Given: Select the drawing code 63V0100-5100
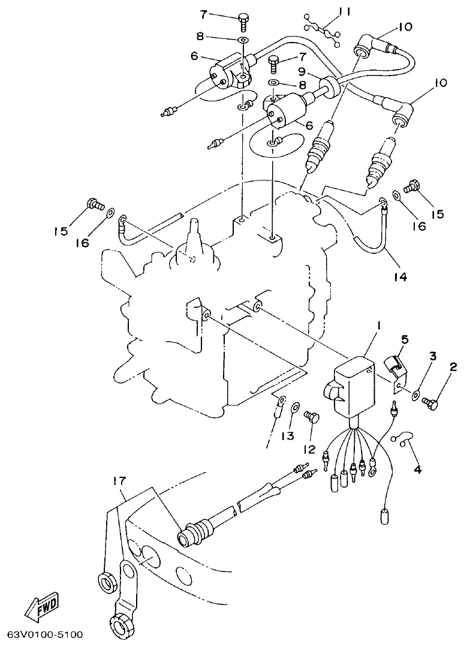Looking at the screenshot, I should [x=45, y=634].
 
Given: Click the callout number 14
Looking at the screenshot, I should [x=400, y=276].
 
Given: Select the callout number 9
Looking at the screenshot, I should [x=319, y=71].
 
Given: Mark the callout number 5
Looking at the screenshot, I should [x=405, y=339].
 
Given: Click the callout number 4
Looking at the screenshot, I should [x=417, y=470].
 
